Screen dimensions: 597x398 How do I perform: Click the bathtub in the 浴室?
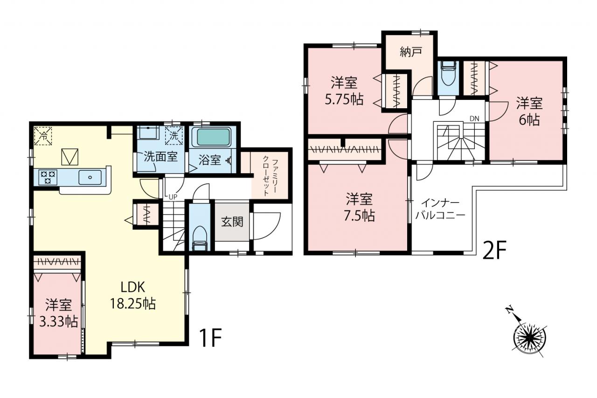coord(211,137)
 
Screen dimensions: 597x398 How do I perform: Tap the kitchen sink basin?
coord(90,177)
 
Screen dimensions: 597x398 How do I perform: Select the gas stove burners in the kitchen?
coord(48,177)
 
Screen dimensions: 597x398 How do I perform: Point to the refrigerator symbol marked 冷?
coord(43,136)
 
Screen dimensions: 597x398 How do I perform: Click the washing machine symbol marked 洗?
coord(174,136)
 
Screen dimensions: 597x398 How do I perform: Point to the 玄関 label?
coord(232,222)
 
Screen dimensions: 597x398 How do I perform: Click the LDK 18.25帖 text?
coord(133,295)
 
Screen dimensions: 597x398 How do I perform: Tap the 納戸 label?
coord(411,52)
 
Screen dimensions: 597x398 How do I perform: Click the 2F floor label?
coord(494,250)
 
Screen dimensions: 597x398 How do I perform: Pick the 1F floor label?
coord(210,338)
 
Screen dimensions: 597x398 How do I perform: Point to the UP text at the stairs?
coord(173,197)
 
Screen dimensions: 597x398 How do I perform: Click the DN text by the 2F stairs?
coord(474,119)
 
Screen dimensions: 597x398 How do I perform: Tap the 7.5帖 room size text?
coord(359,216)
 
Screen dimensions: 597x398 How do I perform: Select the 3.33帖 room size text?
coord(59,322)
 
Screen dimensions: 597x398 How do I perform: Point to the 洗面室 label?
coord(161,156)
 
